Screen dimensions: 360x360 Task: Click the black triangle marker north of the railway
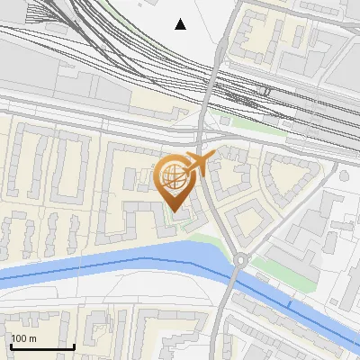click(x=181, y=24)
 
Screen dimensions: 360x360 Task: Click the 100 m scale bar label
click(x=23, y=338)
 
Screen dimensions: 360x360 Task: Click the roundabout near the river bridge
click(x=239, y=261)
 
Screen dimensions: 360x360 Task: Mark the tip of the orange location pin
click(x=175, y=212)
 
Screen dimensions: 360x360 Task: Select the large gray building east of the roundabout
click(x=310, y=225)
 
